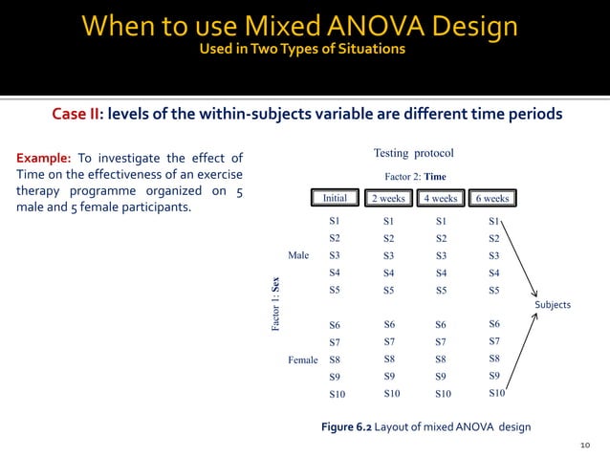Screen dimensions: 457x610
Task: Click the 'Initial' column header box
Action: pos(335,198)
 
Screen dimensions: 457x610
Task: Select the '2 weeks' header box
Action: pos(389,198)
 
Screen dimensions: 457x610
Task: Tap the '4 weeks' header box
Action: pos(441,198)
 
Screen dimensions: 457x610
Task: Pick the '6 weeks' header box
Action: pos(492,198)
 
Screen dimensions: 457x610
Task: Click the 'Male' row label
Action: pos(298,255)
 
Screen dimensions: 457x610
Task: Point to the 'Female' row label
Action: pos(302,360)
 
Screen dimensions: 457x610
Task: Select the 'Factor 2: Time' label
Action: pos(415,176)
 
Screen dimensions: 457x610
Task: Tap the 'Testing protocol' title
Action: pos(413,153)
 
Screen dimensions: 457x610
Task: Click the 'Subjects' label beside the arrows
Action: pos(553,305)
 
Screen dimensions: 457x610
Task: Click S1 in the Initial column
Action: pos(335,221)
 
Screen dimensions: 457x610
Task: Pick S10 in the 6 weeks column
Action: pos(496,393)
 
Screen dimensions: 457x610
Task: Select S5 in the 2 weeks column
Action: pos(388,290)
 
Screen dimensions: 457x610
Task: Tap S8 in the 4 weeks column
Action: pos(441,359)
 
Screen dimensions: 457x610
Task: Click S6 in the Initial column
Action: pos(335,326)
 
